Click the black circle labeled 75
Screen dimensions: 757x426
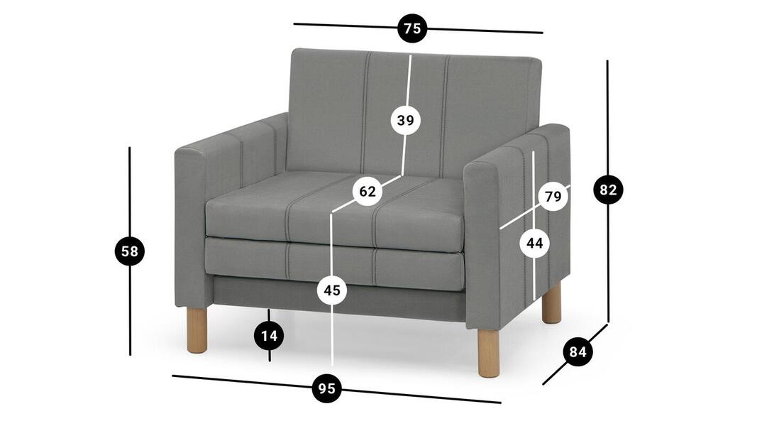412,28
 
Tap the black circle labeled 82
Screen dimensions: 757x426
608,190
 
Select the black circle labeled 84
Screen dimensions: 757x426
578,351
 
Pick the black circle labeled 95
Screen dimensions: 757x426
327,388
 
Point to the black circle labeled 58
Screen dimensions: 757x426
129,251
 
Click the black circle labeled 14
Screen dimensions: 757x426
270,335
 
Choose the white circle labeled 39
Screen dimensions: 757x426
406,120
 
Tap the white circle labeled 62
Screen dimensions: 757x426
368,191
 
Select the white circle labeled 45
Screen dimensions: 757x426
331,290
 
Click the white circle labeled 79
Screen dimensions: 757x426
553,197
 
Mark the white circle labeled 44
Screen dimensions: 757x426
534,243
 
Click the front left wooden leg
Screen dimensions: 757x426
197,330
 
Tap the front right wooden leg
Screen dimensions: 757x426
489,352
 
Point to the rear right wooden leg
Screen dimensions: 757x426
551,303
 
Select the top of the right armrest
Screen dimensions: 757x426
516,145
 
